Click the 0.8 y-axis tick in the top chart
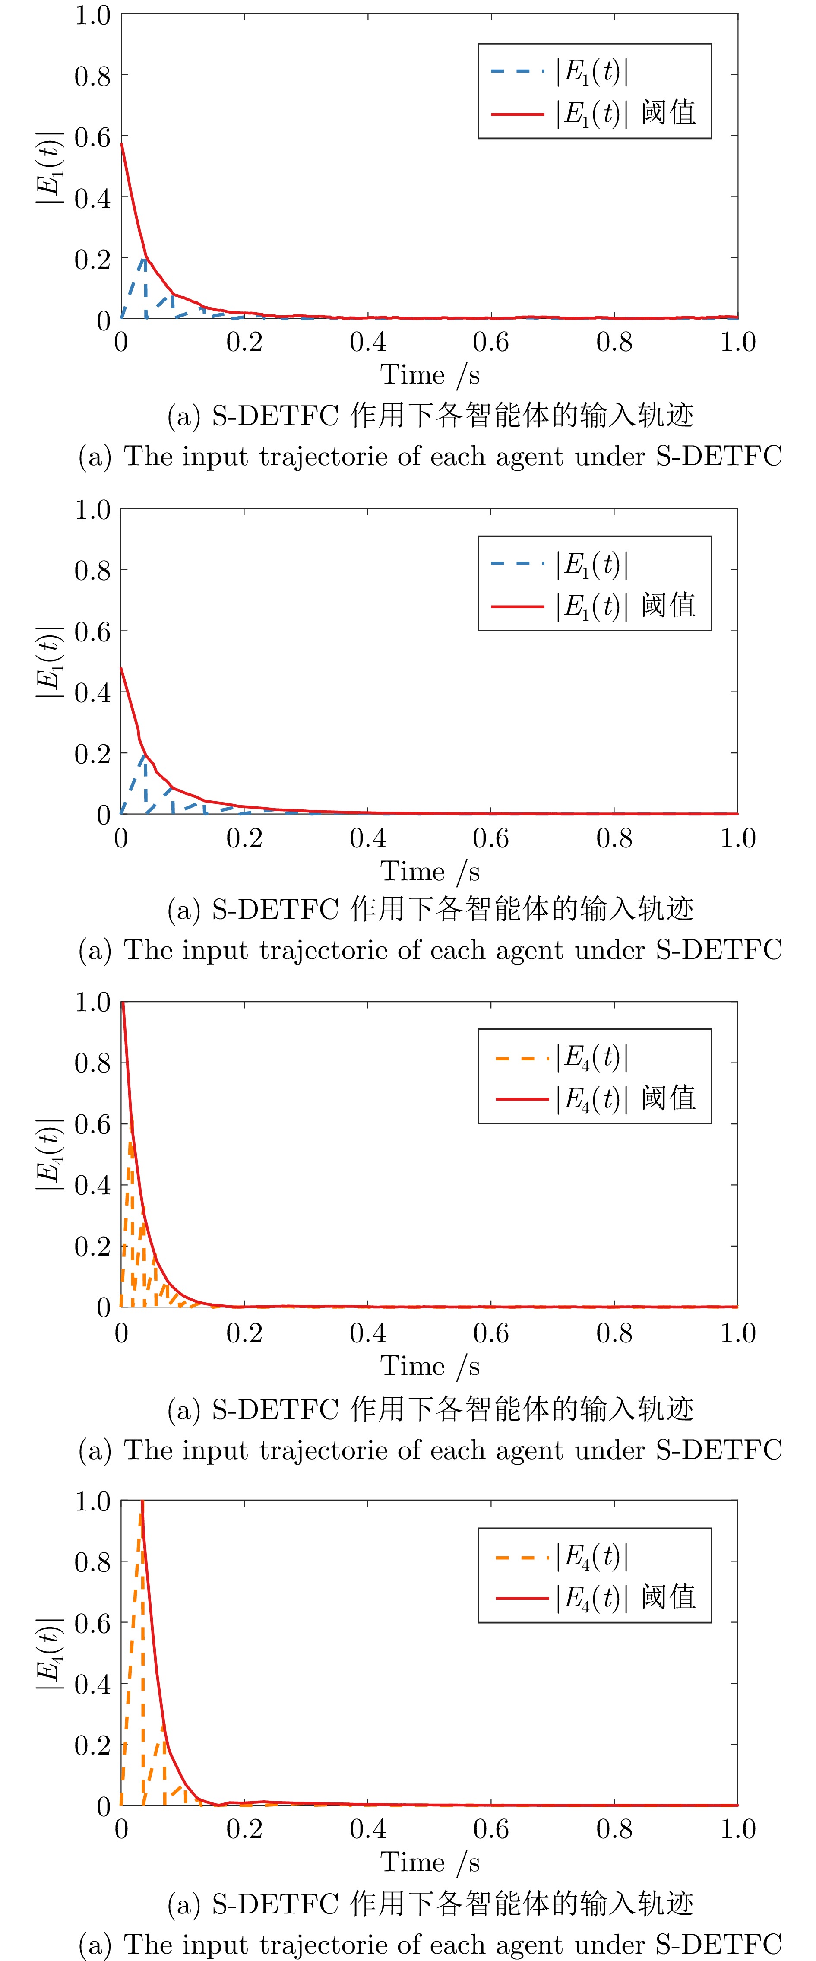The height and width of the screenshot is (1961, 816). pos(92,76)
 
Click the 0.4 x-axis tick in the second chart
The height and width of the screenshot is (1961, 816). pos(368,838)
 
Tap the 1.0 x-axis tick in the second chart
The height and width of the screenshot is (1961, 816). pos(737,838)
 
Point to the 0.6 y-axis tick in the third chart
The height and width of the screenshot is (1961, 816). pos(92,1123)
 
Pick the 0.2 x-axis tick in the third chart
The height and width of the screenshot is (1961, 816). pos(244,1333)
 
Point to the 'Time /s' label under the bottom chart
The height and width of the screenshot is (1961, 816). pos(430,1862)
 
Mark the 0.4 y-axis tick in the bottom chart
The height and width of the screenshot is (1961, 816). pos(92,1684)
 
